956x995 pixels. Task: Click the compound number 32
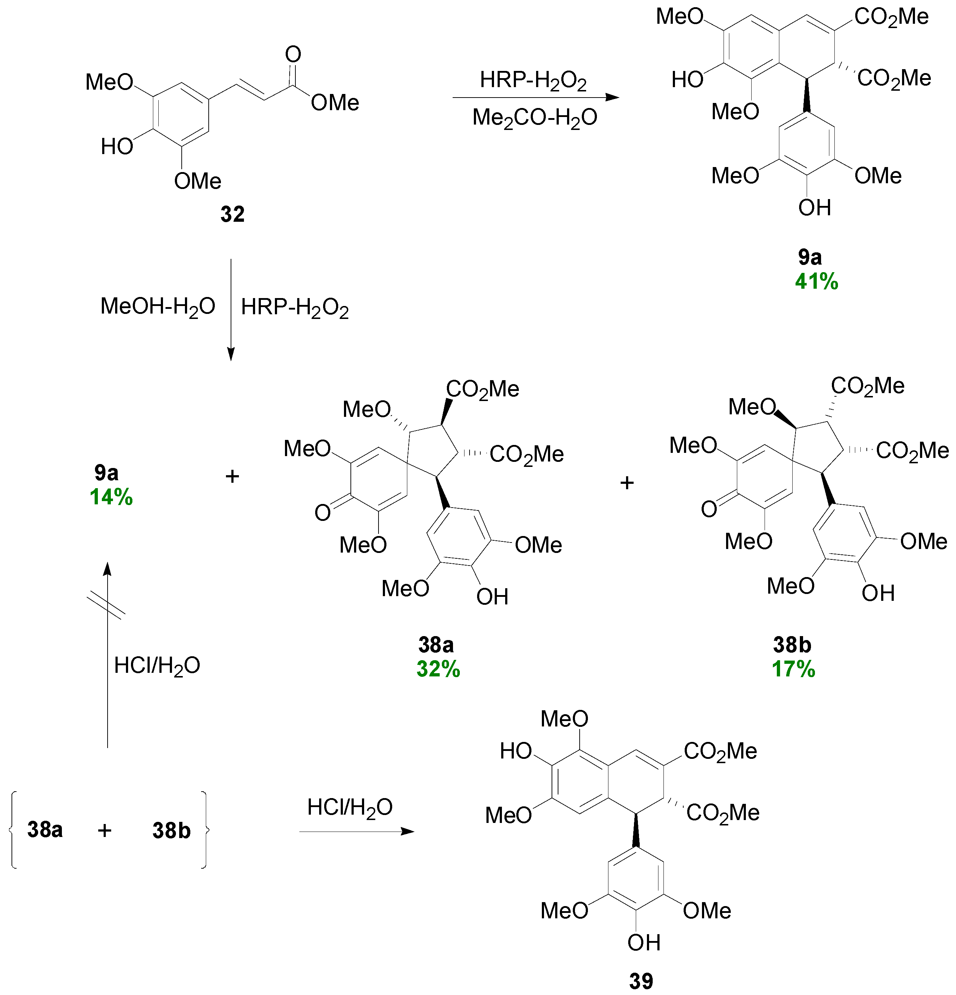232,214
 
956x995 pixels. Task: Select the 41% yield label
816,282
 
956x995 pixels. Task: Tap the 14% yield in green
111,497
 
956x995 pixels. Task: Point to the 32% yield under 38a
438,669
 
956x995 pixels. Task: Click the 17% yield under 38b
793,669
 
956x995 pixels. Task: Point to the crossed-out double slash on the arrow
106,605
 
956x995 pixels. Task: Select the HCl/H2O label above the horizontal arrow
350,807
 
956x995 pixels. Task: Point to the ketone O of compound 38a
322,513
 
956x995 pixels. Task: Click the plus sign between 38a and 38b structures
627,482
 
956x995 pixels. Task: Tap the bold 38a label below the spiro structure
435,645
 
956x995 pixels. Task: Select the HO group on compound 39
516,751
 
